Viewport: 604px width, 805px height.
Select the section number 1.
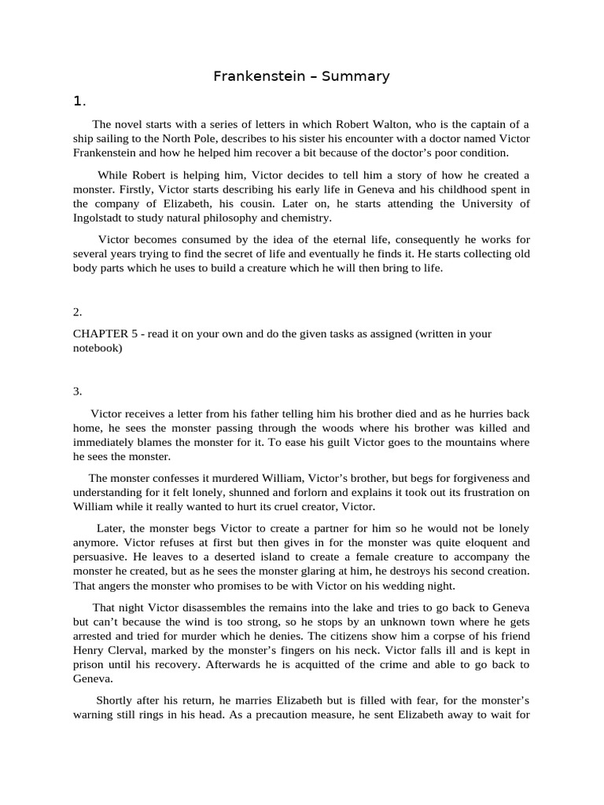click(79, 101)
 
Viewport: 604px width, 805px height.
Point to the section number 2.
click(78, 312)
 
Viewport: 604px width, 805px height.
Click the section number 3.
click(78, 391)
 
